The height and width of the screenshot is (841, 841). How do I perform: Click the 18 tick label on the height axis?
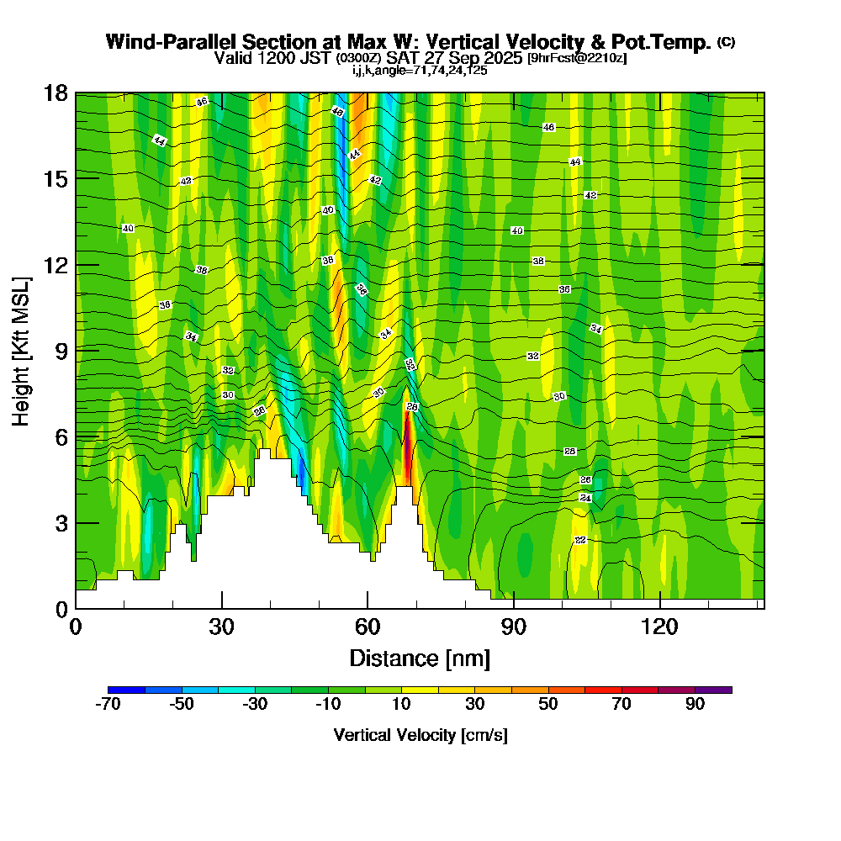(55, 93)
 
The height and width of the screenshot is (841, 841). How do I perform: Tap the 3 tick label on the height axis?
(60, 522)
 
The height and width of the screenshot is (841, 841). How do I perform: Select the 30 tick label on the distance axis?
(222, 627)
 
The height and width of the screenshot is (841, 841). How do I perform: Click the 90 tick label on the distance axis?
(514, 627)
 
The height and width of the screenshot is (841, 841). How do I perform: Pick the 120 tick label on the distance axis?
(660, 627)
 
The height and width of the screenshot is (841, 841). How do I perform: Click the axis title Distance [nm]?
(420, 657)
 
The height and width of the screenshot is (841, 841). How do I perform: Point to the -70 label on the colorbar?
(109, 705)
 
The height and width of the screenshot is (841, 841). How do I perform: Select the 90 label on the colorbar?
(695, 705)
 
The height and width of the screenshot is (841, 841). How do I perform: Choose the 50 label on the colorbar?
(548, 705)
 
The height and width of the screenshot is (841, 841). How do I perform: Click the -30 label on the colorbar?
(255, 705)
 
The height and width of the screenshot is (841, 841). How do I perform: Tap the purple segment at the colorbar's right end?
(713, 690)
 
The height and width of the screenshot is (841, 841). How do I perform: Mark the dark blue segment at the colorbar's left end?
(127, 690)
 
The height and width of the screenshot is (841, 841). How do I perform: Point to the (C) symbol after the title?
(726, 42)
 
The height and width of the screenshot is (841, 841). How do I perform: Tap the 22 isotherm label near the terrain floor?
(580, 540)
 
